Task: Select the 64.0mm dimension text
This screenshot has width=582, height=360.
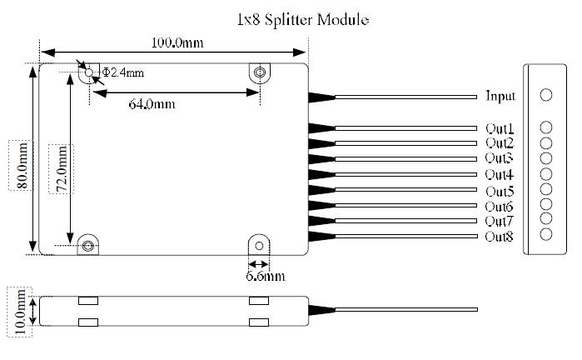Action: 152,104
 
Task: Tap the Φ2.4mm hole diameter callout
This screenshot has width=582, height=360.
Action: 122,72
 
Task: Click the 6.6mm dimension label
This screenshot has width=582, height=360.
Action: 265,275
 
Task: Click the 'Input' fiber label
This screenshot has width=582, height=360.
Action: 500,96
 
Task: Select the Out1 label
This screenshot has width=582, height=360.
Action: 499,128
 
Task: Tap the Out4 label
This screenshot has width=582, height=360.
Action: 499,175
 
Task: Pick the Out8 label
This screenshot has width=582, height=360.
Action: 499,237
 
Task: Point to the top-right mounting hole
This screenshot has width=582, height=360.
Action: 260,73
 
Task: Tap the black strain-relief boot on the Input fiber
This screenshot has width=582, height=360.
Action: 321,97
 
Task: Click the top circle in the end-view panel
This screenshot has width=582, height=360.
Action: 545,95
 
